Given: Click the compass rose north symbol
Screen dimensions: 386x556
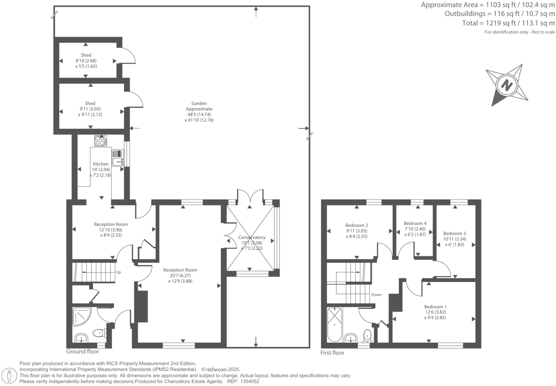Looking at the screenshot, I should (506, 85).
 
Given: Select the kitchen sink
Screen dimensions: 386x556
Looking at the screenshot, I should (118, 158).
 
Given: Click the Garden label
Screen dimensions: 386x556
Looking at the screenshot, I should (199, 103).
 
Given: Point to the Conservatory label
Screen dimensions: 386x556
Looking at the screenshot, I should (252, 237).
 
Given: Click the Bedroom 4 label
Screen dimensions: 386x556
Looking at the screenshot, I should (415, 223).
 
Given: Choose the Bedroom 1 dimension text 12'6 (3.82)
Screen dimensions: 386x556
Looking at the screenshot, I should (435, 312).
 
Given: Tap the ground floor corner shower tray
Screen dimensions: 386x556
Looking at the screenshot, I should (82, 316).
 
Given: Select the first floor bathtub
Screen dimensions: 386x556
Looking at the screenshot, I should (334, 324).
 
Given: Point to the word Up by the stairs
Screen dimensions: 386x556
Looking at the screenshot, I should (118, 272).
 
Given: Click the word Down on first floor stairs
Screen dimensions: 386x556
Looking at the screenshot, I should (376, 295).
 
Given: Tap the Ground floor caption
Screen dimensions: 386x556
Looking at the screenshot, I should (83, 352).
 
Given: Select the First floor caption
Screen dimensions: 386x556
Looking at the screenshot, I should (332, 353).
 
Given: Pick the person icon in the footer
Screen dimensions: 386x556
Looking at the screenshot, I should (10, 376).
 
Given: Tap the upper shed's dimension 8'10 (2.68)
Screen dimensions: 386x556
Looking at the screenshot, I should (86, 61).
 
